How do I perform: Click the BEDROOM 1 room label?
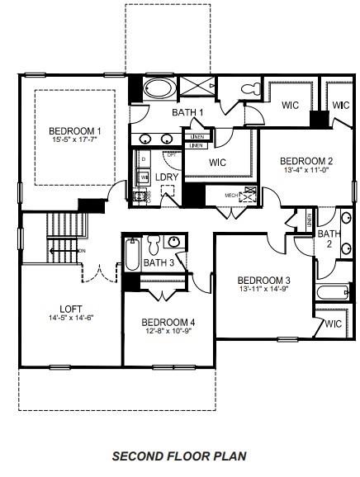pyautogui.click(x=74, y=131)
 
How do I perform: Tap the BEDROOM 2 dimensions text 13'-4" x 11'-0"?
pyautogui.click(x=306, y=171)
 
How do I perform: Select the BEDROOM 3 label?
pyautogui.click(x=264, y=280)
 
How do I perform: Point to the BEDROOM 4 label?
pyautogui.click(x=168, y=322)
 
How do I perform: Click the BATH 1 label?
pyautogui.click(x=188, y=112)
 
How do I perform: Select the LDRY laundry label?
pyautogui.click(x=167, y=177)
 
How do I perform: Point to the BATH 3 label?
pyautogui.click(x=159, y=263)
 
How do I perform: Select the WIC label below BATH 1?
pyautogui.click(x=218, y=163)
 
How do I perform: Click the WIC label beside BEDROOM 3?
pyautogui.click(x=334, y=324)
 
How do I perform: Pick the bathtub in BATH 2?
pyautogui.click(x=333, y=292)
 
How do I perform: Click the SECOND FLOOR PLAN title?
pyautogui.click(x=179, y=456)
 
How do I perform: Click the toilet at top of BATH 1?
pyautogui.click(x=248, y=88)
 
